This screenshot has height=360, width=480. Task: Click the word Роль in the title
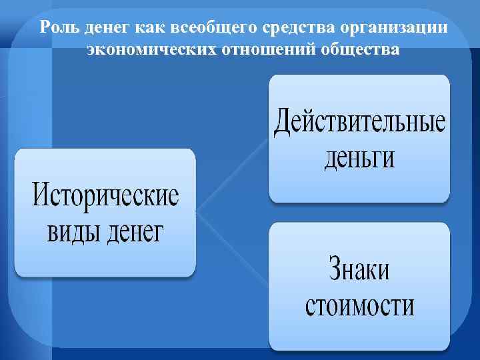click(x=55, y=29)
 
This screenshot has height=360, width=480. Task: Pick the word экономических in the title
click(x=151, y=51)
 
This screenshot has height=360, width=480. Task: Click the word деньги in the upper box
click(x=359, y=159)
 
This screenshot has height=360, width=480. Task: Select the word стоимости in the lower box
click(x=359, y=306)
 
